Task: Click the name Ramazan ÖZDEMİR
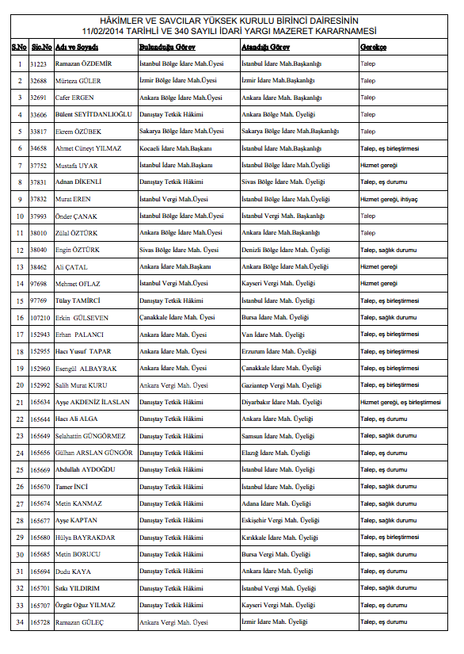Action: pos(83,63)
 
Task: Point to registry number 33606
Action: pos(39,114)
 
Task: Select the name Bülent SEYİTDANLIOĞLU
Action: pos(93,114)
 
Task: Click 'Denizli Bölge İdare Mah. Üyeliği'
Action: pos(286,250)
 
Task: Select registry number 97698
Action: pos(39,284)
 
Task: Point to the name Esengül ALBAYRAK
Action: pos(86,369)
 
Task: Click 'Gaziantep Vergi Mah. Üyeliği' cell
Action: pos(282,385)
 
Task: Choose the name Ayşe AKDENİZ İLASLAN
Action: pos(93,403)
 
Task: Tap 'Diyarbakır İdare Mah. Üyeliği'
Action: pos(281,403)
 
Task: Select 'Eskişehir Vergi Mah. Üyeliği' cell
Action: pos(280,521)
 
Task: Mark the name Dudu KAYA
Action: pos(74,572)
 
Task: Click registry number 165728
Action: pos(40,623)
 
